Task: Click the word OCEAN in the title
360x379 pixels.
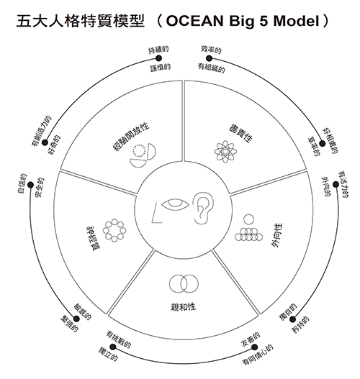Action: click(194, 21)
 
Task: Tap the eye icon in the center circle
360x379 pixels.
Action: click(175, 205)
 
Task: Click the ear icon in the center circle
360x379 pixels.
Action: click(203, 208)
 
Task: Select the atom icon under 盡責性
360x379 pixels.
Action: click(225, 152)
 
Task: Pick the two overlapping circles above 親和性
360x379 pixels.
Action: click(184, 284)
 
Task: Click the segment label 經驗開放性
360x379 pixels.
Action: click(130, 137)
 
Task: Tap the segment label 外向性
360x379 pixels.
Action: click(276, 235)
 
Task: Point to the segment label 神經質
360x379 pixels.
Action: click(94, 238)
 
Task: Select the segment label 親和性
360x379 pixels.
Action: click(183, 307)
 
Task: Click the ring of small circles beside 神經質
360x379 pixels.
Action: click(114, 230)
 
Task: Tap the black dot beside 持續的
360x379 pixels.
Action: click(158, 58)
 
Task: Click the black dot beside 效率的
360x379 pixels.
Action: click(209, 58)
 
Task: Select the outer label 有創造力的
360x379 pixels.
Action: click(42, 131)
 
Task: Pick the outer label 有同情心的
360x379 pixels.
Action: click(258, 355)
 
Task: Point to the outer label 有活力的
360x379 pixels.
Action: click(343, 185)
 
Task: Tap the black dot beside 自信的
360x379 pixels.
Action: click(30, 185)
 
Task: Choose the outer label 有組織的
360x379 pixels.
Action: click(212, 68)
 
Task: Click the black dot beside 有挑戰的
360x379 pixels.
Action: click(113, 347)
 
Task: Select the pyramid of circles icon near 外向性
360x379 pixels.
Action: click(248, 228)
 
